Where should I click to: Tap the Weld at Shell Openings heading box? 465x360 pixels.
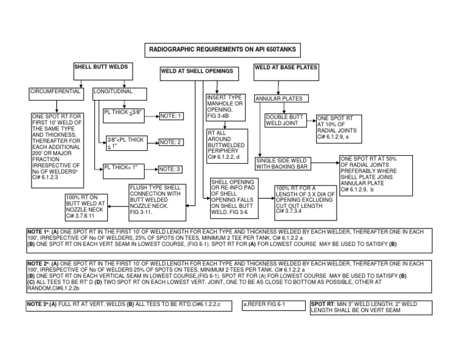[197, 72]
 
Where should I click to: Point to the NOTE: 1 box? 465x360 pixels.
[171, 115]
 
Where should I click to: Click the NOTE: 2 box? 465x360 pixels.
[171, 142]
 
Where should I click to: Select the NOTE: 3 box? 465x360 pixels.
[171, 169]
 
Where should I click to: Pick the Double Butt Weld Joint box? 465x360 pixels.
[286, 121]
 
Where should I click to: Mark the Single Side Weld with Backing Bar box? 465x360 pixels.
[283, 163]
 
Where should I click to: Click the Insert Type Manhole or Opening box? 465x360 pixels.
[225, 107]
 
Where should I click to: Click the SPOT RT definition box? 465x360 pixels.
[370, 307]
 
